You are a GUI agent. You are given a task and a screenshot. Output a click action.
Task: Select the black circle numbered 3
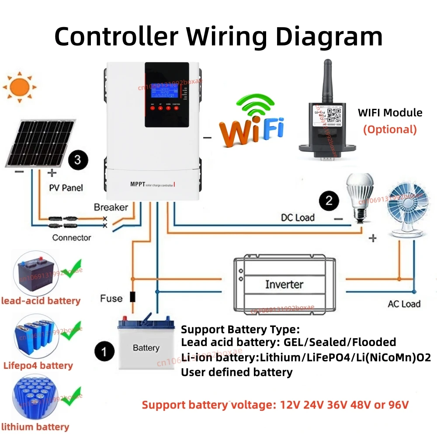pyautogui.click(x=77, y=160)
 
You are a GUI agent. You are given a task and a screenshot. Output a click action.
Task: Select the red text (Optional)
pyautogui.click(x=390, y=129)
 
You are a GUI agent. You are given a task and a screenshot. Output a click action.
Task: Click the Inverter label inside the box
pyautogui.click(x=284, y=284)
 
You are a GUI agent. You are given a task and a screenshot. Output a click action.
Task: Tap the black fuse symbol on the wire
pyautogui.click(x=132, y=297)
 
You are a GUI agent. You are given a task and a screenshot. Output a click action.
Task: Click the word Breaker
pyautogui.click(x=111, y=207)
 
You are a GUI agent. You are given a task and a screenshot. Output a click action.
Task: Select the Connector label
pyautogui.click(x=72, y=238)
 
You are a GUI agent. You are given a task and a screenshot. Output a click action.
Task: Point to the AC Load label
pyautogui.click(x=404, y=304)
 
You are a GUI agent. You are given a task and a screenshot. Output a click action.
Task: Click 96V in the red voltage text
pyautogui.click(x=397, y=405)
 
